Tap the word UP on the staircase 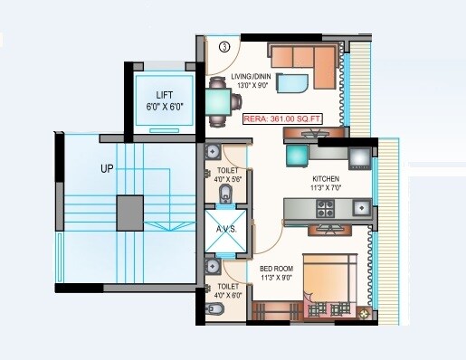[108, 168]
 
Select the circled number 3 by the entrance [223, 47]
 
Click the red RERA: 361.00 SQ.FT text [281, 118]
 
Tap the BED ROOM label [276, 269]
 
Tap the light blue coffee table [291, 84]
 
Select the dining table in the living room [220, 99]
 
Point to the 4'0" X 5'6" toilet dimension [227, 180]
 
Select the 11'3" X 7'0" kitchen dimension [325, 188]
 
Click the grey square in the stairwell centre [129, 212]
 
